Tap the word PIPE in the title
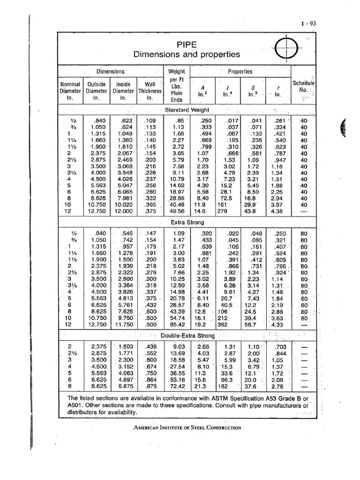(187, 45)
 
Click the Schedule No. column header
(303, 86)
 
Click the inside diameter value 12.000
(123, 211)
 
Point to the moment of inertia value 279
(222, 211)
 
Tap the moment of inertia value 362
(222, 324)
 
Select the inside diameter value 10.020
(123, 204)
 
